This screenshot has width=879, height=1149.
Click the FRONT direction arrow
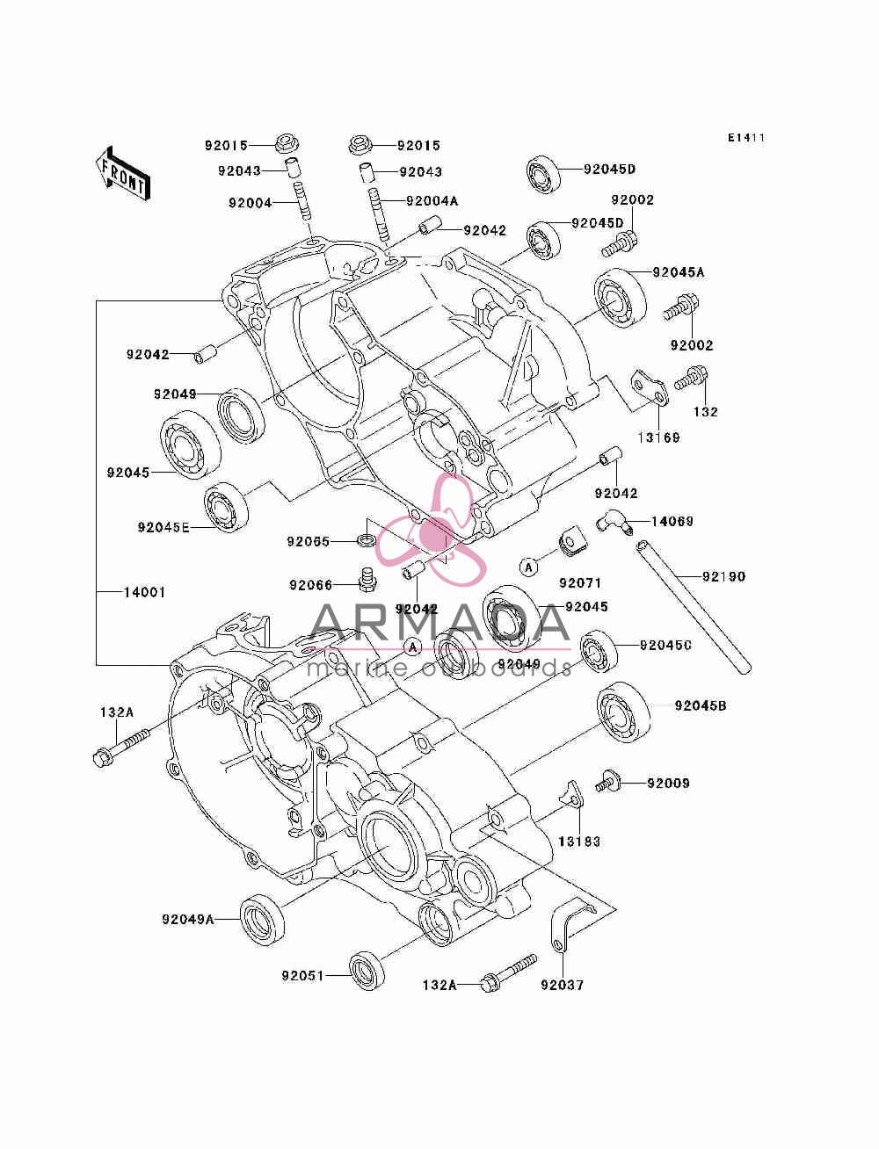click(123, 174)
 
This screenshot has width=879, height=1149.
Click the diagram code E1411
click(746, 138)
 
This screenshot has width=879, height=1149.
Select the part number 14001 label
click(144, 592)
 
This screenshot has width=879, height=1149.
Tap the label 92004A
click(432, 200)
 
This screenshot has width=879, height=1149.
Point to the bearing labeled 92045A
click(621, 298)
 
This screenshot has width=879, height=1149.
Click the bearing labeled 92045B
click(624, 712)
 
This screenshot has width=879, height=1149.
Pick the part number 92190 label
click(723, 576)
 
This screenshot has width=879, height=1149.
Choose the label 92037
click(562, 985)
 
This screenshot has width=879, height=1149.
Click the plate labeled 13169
click(649, 389)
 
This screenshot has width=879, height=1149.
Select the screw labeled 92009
click(607, 784)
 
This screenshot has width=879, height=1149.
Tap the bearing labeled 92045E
click(226, 507)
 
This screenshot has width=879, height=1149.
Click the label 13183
click(579, 842)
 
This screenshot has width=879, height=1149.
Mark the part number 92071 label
click(580, 583)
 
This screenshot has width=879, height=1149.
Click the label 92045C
click(665, 646)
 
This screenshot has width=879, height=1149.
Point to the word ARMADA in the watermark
click(440, 623)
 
